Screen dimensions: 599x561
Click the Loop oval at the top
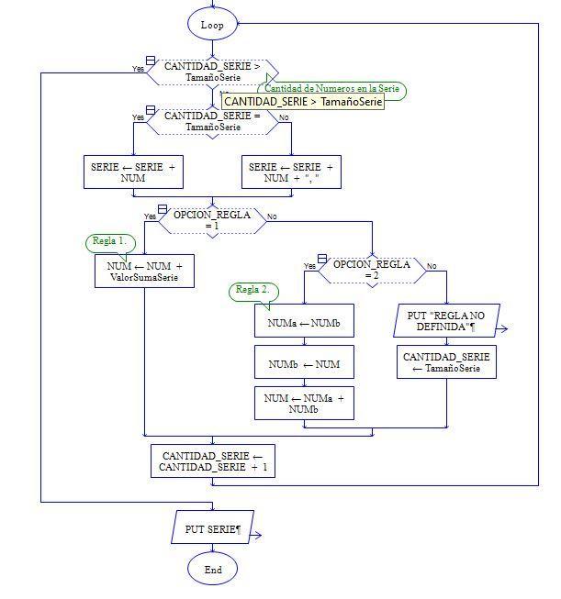pos(212,25)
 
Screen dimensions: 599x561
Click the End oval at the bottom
pos(212,570)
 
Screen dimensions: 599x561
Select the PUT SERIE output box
pos(212,529)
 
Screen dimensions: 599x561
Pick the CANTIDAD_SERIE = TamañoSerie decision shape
pos(212,121)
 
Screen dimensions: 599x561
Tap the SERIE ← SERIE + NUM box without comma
pos(133,172)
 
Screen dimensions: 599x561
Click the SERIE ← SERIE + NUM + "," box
pos(291,172)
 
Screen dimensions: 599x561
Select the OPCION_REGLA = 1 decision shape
pos(212,220)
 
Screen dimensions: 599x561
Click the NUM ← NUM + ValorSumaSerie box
pos(145,272)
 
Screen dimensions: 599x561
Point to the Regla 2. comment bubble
pos(253,290)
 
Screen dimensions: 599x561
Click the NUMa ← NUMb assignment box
pos(304,322)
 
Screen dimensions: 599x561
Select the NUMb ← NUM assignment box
pos(304,364)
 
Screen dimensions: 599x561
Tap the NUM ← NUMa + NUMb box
pos(304,404)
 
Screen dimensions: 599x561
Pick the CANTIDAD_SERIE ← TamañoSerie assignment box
pos(447,361)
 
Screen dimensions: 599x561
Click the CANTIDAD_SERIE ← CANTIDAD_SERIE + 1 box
pos(213,461)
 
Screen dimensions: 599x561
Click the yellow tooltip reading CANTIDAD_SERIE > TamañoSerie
pos(302,102)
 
